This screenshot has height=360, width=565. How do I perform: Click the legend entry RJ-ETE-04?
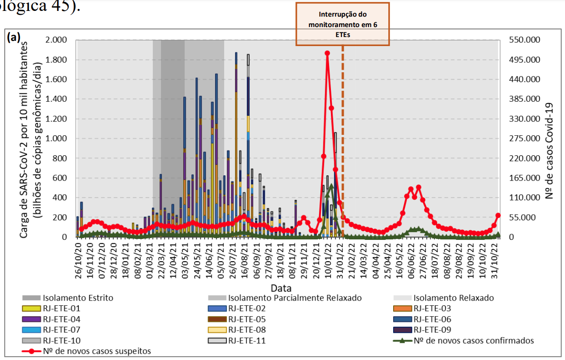62,319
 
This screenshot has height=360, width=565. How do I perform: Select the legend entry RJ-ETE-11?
247,341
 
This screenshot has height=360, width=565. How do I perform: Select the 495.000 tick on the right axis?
523,60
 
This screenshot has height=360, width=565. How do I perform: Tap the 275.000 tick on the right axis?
523,139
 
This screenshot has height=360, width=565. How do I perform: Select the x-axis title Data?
281,288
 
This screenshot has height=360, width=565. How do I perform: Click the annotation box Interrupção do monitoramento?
343,24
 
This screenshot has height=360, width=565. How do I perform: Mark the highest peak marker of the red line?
327,53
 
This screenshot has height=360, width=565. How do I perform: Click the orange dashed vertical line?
343,142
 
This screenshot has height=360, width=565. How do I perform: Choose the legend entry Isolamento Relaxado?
453,298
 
